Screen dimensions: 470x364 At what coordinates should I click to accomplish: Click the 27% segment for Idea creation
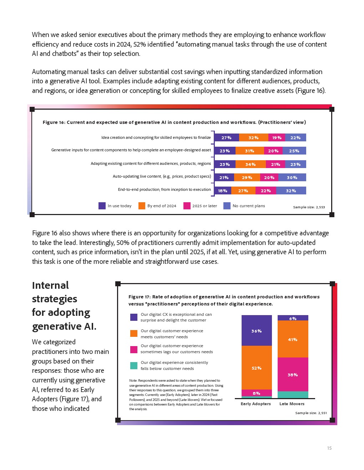(x=226, y=138)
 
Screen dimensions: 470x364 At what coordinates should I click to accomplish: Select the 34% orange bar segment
(x=251, y=164)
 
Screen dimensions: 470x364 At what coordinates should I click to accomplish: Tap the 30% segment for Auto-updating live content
(x=292, y=178)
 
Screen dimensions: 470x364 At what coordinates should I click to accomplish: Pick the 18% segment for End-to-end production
(x=223, y=191)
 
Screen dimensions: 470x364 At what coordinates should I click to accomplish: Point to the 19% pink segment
(x=277, y=138)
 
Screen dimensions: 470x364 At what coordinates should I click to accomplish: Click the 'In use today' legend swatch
(x=102, y=206)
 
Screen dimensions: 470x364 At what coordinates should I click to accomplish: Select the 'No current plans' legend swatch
(x=227, y=206)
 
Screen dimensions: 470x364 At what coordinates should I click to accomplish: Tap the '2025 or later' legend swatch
(x=187, y=206)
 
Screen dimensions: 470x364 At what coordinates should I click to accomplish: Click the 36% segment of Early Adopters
(x=257, y=331)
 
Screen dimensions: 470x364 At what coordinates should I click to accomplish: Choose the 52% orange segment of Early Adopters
(x=257, y=368)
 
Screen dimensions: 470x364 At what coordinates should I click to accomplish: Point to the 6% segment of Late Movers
(x=293, y=318)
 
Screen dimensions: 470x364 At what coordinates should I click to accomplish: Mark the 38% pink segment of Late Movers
(x=293, y=375)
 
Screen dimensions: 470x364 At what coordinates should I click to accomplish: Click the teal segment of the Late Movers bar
(x=293, y=395)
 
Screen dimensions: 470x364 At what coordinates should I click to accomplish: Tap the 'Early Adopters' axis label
(x=256, y=404)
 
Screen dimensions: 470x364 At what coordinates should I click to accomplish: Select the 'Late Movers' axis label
(x=292, y=404)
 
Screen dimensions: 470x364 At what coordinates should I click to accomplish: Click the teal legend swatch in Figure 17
(x=134, y=365)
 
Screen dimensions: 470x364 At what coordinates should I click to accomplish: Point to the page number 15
(x=329, y=448)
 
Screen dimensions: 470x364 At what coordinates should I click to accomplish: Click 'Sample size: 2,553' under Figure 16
(x=309, y=207)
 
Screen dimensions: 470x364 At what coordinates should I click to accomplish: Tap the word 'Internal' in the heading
(x=50, y=286)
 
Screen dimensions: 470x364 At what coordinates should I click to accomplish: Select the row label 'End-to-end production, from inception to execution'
(x=164, y=190)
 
